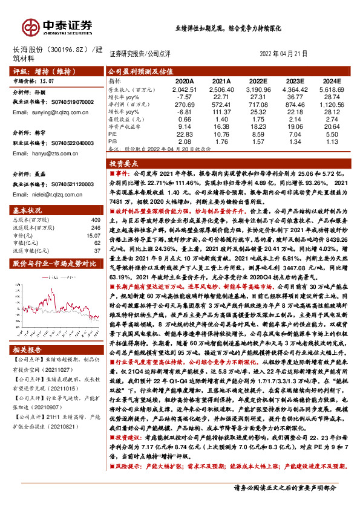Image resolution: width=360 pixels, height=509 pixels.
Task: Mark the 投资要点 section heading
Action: (125, 163)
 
